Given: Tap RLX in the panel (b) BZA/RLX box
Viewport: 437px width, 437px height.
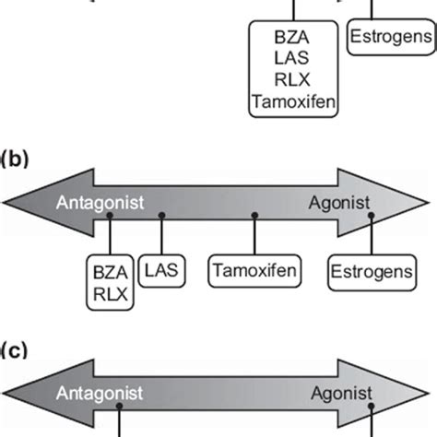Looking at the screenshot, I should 109,294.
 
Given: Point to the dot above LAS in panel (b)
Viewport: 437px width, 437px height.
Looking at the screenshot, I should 162,215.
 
